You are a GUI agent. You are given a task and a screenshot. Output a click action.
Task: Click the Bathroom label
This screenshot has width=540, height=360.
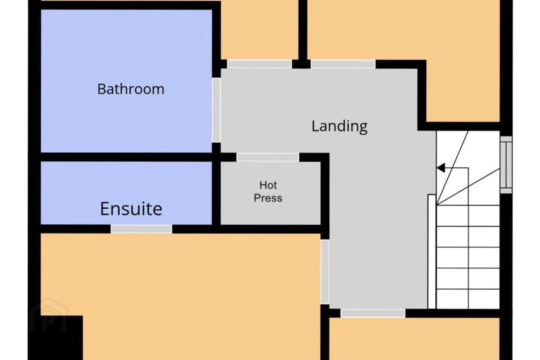pyautogui.click(x=131, y=89)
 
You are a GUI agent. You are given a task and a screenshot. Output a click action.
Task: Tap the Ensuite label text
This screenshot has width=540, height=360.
pyautogui.click(x=131, y=209)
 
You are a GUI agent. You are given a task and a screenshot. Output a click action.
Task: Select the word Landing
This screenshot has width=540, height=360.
pyautogui.click(x=339, y=126)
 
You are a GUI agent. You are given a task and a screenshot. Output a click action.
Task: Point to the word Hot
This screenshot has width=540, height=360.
pyautogui.click(x=268, y=185)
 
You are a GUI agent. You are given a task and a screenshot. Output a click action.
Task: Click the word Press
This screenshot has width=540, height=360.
pyautogui.click(x=268, y=198)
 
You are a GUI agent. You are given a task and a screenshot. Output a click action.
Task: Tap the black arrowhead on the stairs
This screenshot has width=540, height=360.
pyautogui.click(x=441, y=168)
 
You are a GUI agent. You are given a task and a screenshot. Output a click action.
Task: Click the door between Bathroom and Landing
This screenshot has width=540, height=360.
pyautogui.click(x=216, y=110)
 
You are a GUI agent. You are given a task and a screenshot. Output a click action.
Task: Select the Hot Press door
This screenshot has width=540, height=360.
pyautogui.click(x=268, y=157)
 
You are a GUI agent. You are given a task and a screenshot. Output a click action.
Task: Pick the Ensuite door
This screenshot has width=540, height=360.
pyautogui.click(x=141, y=229)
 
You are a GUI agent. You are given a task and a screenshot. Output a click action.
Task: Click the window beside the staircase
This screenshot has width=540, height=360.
pyautogui.click(x=506, y=165)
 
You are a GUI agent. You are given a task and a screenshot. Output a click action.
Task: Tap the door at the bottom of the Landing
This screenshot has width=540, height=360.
pyautogui.click(x=373, y=313)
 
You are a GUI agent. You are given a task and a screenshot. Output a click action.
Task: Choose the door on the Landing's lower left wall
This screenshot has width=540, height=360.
pyautogui.click(x=325, y=272)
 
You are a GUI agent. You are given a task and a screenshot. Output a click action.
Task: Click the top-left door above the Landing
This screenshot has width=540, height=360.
pyautogui.click(x=259, y=64)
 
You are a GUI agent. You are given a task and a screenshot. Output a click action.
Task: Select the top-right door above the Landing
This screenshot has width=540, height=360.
pyautogui.click(x=343, y=64)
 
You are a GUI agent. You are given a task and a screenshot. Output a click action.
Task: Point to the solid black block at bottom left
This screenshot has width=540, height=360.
pyautogui.click(x=56, y=337)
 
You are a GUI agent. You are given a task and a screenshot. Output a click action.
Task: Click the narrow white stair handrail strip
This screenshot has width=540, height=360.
pyautogui.click(x=432, y=251)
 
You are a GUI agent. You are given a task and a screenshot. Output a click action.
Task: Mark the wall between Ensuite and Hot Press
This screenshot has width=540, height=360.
pyautogui.click(x=216, y=193)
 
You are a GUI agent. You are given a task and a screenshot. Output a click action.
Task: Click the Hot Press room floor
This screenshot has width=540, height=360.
pyautogui.click(x=270, y=193)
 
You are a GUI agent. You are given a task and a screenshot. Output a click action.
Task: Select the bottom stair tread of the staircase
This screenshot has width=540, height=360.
pyautogui.click(x=468, y=299)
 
